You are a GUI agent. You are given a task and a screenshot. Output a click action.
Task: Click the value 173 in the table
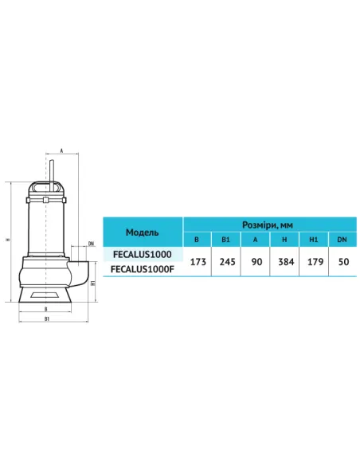198,262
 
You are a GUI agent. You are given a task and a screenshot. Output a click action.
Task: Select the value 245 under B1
227,262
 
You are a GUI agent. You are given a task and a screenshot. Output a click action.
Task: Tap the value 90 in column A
256,262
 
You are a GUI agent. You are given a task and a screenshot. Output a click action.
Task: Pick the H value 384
286,262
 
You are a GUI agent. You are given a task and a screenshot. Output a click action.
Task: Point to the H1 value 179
315,262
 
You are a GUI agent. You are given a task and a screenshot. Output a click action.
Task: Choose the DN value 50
343,262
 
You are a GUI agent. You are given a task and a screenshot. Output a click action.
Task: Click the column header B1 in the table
225,240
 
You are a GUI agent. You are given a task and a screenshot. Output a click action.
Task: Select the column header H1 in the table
314,240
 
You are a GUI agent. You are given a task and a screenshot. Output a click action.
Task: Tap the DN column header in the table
342,240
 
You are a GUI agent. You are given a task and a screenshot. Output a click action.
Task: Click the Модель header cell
143,232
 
